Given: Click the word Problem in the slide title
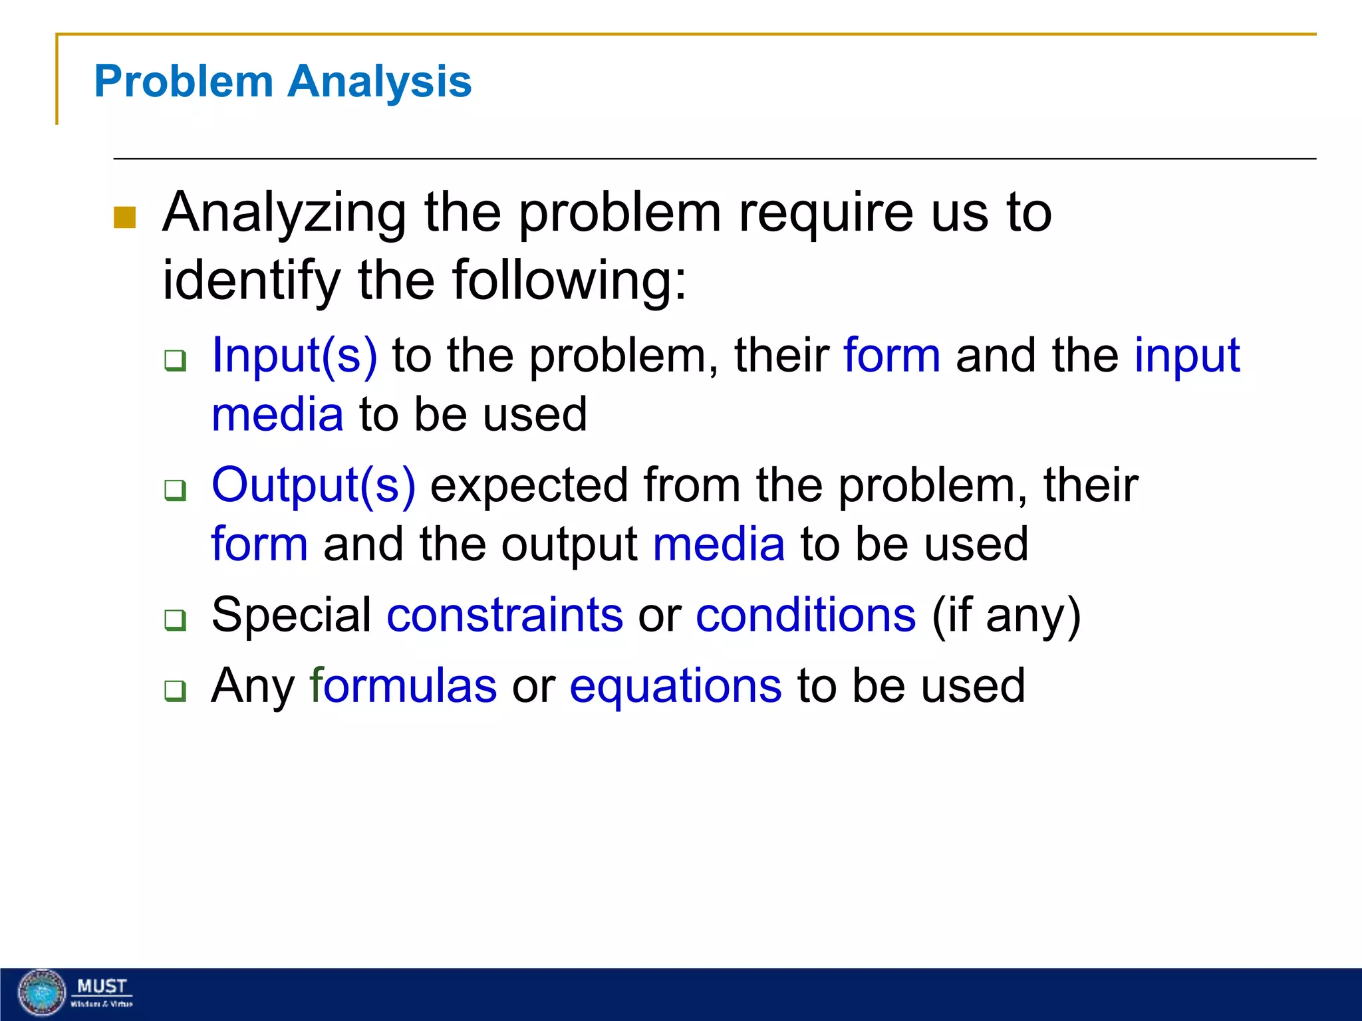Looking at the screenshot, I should pos(184,82).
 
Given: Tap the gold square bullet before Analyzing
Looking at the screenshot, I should pos(124,217).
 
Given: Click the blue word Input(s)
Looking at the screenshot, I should pos(294,356).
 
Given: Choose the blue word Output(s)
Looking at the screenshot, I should pos(313,485).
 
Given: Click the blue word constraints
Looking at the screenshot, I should pos(505,615).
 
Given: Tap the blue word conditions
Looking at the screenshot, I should pos(805,615).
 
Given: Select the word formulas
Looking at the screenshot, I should pos(403,686).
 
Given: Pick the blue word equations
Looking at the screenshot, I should pos(675,686).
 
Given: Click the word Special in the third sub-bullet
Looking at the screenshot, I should pos(291,615).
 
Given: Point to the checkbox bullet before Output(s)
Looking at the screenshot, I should pos(176,491).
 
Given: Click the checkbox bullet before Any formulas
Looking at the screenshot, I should pos(176,691).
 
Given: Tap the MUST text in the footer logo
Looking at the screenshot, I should pos(102,986).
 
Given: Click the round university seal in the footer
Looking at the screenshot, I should pos(42,992).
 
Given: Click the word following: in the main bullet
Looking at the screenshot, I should pos(569,281).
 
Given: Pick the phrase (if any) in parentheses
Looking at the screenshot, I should pos(1006,615).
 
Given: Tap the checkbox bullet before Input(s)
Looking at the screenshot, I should pos(176,361).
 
